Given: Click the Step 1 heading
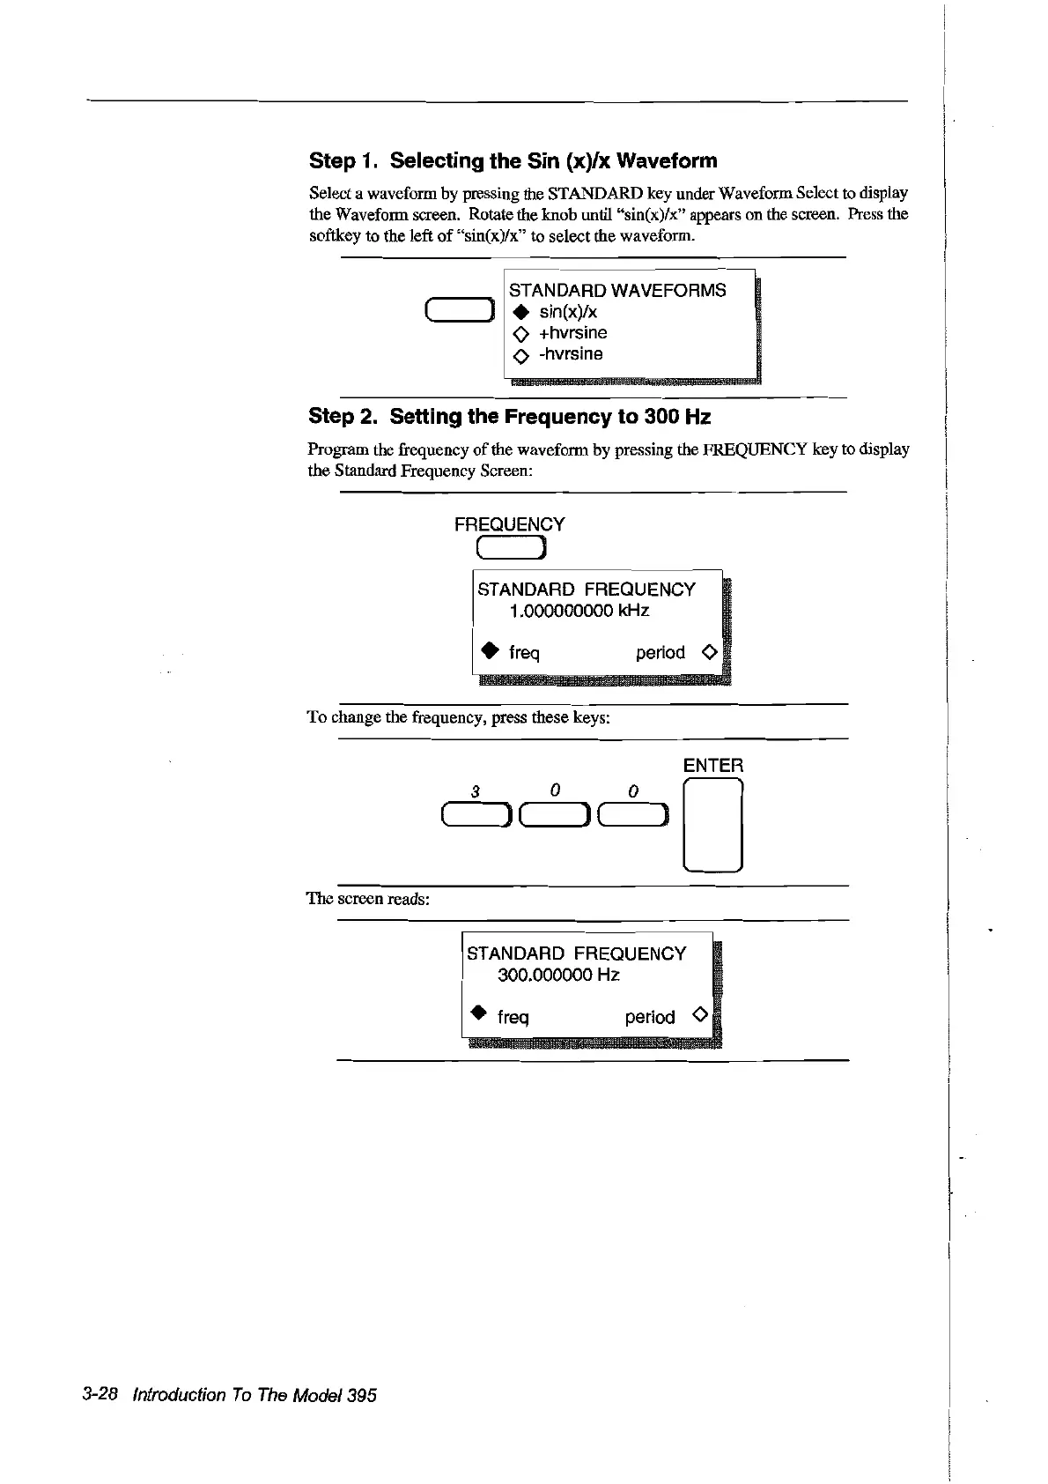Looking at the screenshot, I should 513,160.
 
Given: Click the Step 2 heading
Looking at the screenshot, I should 509,416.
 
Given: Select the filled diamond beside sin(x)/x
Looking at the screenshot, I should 520,312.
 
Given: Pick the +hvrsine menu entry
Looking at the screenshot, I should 572,333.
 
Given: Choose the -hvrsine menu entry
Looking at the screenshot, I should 571,354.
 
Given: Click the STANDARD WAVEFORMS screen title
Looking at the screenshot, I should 617,290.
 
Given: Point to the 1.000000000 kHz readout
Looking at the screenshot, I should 579,611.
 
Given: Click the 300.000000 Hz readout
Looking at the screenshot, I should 558,975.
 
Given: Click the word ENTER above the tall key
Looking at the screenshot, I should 712,765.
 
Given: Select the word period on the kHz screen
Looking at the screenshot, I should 660,653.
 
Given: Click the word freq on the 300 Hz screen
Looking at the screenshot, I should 513,1018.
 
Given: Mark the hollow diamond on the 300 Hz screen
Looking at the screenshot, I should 699,1014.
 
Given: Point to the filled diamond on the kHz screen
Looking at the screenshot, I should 487,651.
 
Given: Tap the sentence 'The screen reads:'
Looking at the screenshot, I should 367,899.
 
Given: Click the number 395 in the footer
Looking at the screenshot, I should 361,1395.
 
